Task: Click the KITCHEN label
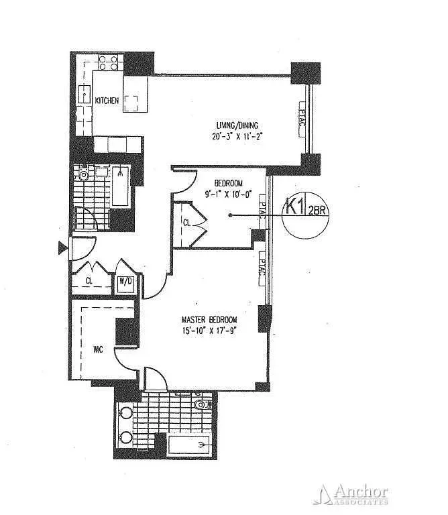pyautogui.click(x=107, y=101)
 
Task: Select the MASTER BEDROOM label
pyautogui.click(x=211, y=319)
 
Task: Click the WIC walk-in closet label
pyautogui.click(x=97, y=348)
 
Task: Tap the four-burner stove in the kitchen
pyautogui.click(x=108, y=64)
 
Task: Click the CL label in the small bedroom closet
pyautogui.click(x=186, y=223)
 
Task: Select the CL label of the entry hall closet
pyautogui.click(x=89, y=282)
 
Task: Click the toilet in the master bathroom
pyautogui.click(x=201, y=406)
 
